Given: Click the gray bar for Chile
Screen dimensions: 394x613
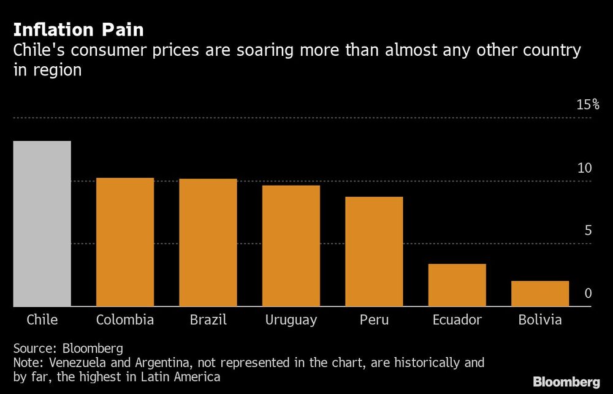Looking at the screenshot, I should click(42, 224).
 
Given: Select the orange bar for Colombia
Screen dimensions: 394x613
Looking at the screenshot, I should click(125, 242).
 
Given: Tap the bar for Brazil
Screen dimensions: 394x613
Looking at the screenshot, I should click(208, 243).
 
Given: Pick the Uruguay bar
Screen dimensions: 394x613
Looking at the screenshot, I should click(291, 246).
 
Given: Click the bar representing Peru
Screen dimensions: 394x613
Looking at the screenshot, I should click(374, 251).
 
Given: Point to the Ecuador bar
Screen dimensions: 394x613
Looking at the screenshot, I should click(457, 285).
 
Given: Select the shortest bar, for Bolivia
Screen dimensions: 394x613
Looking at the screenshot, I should click(539, 294).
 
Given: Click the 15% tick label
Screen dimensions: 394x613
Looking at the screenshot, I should click(588, 105).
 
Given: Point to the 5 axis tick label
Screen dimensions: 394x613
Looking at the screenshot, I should click(588, 231).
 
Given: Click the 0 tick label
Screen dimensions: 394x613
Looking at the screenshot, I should click(588, 294).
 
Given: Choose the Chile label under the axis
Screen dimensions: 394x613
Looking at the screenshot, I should click(42, 320).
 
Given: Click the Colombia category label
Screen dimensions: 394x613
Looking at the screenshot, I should click(125, 320).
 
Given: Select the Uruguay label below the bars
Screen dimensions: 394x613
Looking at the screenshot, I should click(291, 320).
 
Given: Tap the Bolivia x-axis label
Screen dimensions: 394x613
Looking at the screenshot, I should click(539, 320).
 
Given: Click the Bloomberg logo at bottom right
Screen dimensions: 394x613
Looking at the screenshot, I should click(566, 382).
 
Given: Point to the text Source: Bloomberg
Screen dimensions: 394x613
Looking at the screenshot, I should click(68, 348).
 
